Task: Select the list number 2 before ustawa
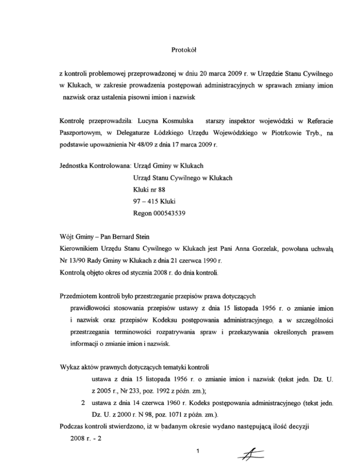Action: pyautogui.click(x=82, y=402)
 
